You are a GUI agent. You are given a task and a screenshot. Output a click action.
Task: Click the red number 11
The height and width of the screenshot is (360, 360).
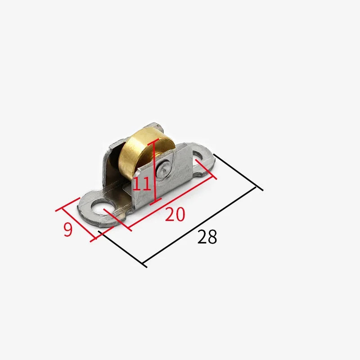point(142,184)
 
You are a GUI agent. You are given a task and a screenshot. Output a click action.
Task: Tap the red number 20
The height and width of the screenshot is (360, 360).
point(175,214)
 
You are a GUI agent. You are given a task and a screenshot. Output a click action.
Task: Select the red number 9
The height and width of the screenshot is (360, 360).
point(68,229)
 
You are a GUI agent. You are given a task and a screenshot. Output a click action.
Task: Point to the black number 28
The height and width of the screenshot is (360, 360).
point(207,237)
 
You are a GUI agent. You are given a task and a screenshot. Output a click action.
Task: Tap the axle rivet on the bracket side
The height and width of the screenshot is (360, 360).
point(163,170)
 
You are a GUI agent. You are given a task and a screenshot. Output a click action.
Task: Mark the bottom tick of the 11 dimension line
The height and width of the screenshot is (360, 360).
point(156,201)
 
